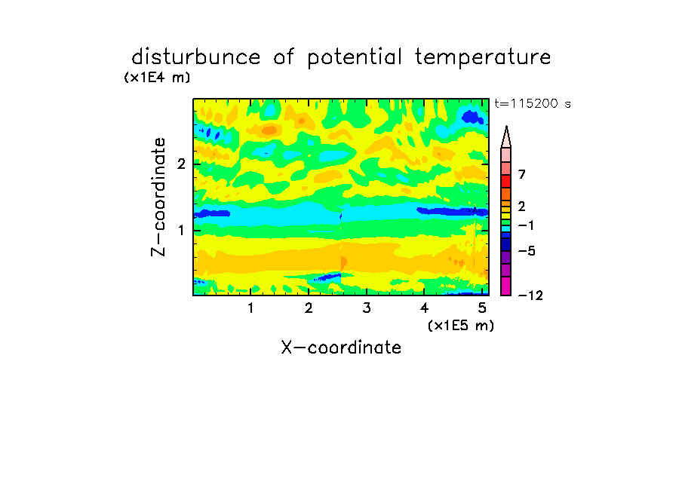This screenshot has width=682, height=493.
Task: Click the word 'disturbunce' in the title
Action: (x=196, y=57)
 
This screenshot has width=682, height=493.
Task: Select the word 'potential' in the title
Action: (x=355, y=58)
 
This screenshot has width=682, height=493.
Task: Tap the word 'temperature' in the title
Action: (x=483, y=58)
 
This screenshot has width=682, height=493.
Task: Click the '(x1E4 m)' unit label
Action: (x=157, y=78)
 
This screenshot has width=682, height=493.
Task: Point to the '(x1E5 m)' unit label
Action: (x=461, y=325)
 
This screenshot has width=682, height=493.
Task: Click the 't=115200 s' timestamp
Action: (x=533, y=103)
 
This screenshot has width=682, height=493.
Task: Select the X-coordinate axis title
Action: (x=341, y=348)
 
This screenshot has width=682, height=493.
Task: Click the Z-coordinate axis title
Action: (x=158, y=197)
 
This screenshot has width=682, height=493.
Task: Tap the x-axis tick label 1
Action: (x=251, y=308)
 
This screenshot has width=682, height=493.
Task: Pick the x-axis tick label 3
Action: (x=367, y=308)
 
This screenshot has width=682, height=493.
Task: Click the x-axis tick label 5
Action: (x=482, y=308)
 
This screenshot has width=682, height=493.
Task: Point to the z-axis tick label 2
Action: (x=181, y=164)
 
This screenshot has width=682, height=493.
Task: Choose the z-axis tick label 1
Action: (x=181, y=231)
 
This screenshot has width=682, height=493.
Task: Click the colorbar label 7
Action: (x=522, y=174)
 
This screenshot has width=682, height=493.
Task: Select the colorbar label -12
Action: (x=530, y=295)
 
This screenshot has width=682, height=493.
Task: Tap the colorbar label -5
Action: (x=527, y=251)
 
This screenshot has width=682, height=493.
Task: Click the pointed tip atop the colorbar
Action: (x=506, y=127)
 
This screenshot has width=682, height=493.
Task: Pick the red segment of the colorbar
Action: (x=506, y=181)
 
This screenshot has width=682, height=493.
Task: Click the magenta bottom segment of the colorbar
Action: (x=506, y=286)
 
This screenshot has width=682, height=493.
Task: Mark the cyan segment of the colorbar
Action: (x=506, y=228)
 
